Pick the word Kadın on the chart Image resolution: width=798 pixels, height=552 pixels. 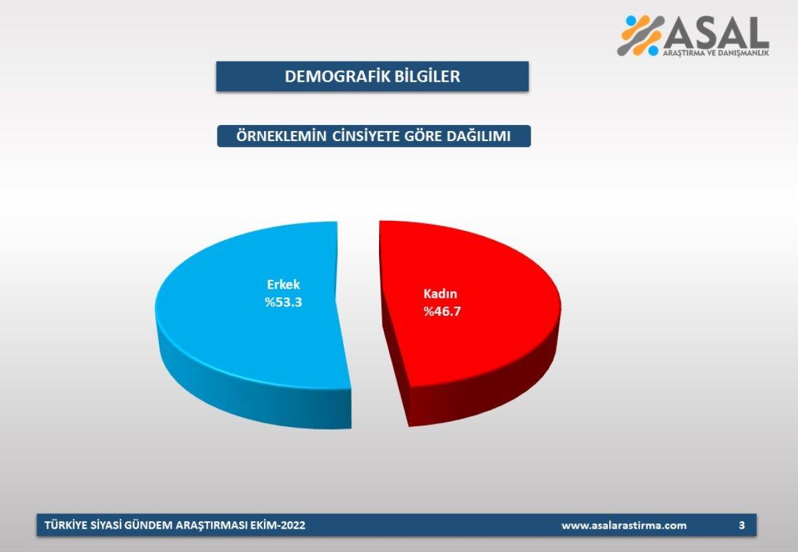point(442,293)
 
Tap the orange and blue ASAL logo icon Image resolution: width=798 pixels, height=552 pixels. point(641,35)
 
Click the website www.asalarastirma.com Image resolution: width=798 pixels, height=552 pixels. point(624,525)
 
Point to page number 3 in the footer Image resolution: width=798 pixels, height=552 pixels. point(741,525)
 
